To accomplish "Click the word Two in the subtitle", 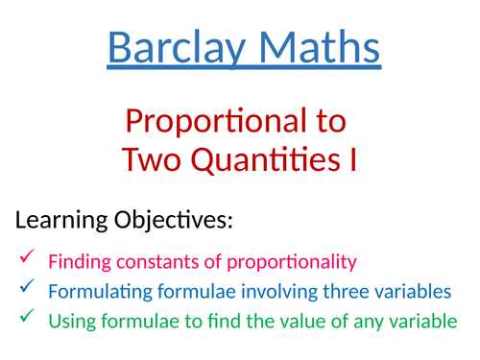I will click(156, 158).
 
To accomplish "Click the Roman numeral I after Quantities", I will click(351, 158).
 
